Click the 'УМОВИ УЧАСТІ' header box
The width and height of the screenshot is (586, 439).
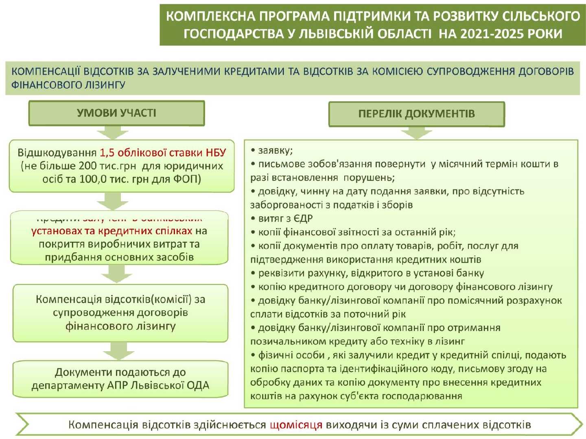[x=116, y=113]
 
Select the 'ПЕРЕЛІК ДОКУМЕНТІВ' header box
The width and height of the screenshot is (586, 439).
[x=416, y=114]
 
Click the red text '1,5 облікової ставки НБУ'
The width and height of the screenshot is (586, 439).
[x=163, y=152]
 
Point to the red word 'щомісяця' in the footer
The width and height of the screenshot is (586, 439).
[x=296, y=425]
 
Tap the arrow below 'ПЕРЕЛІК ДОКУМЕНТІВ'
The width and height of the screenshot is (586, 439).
[x=416, y=133]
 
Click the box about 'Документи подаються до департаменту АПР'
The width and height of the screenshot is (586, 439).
[x=120, y=379]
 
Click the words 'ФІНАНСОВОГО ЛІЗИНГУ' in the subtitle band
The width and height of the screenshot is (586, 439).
[x=68, y=85]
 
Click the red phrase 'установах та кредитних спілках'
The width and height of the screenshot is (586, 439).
[x=112, y=231]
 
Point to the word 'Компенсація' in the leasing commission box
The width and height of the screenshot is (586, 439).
[x=69, y=300]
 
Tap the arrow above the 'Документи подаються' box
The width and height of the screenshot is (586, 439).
[x=119, y=350]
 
